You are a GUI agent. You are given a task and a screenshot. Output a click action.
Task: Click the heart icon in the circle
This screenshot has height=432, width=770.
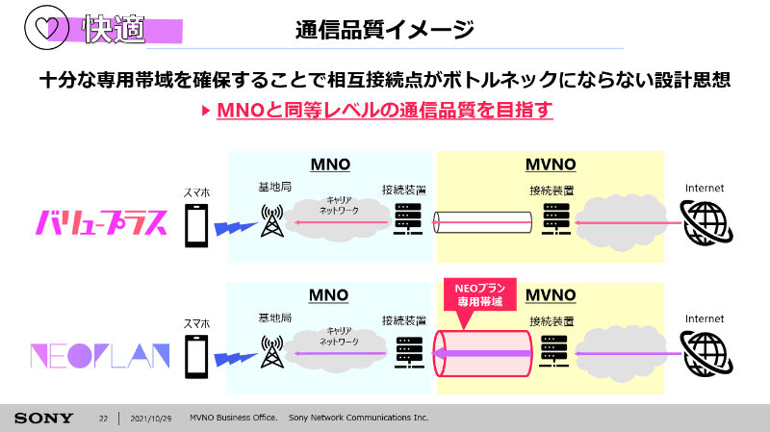coord(47,28)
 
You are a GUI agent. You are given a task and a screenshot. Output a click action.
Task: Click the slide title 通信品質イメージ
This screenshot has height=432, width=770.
coord(384,30)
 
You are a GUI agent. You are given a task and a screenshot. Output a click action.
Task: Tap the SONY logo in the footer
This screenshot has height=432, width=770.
coord(43,419)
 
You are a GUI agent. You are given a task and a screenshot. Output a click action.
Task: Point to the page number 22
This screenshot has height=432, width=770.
coord(103,419)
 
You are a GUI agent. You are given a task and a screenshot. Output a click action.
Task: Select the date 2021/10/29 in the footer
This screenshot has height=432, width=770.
coord(151,419)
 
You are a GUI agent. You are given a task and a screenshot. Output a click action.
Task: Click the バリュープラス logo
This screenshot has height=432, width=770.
coord(102,222)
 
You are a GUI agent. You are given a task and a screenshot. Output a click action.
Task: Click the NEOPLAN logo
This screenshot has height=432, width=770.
coord(100,356)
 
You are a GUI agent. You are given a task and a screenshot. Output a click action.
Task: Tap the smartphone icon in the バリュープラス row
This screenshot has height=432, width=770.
coord(196,226)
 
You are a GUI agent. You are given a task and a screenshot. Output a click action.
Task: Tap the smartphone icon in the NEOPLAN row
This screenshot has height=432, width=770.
coord(196,356)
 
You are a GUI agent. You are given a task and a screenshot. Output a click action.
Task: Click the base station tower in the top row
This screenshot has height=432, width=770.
coord(272,221)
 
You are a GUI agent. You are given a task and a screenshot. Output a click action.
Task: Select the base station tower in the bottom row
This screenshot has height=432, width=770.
coord(272,352)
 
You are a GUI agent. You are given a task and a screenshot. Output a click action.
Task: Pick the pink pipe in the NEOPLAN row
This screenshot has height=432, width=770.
coord(482,353)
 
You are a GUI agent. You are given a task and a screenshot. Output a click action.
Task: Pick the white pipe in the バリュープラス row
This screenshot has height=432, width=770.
coord(482,222)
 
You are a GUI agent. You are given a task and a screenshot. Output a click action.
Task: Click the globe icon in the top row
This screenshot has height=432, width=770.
coord(706,223)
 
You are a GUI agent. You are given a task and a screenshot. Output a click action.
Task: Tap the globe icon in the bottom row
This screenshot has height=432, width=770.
coord(706,353)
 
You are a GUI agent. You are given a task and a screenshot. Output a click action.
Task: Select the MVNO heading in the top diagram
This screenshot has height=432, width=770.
coord(551,165)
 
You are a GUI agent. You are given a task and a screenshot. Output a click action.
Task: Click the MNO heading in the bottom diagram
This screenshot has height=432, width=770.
coord(328,295)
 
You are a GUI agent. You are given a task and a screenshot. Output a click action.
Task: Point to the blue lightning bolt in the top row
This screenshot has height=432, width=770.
coord(236,228)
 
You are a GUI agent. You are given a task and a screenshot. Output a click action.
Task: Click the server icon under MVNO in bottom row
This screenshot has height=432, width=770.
coord(554,351)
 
